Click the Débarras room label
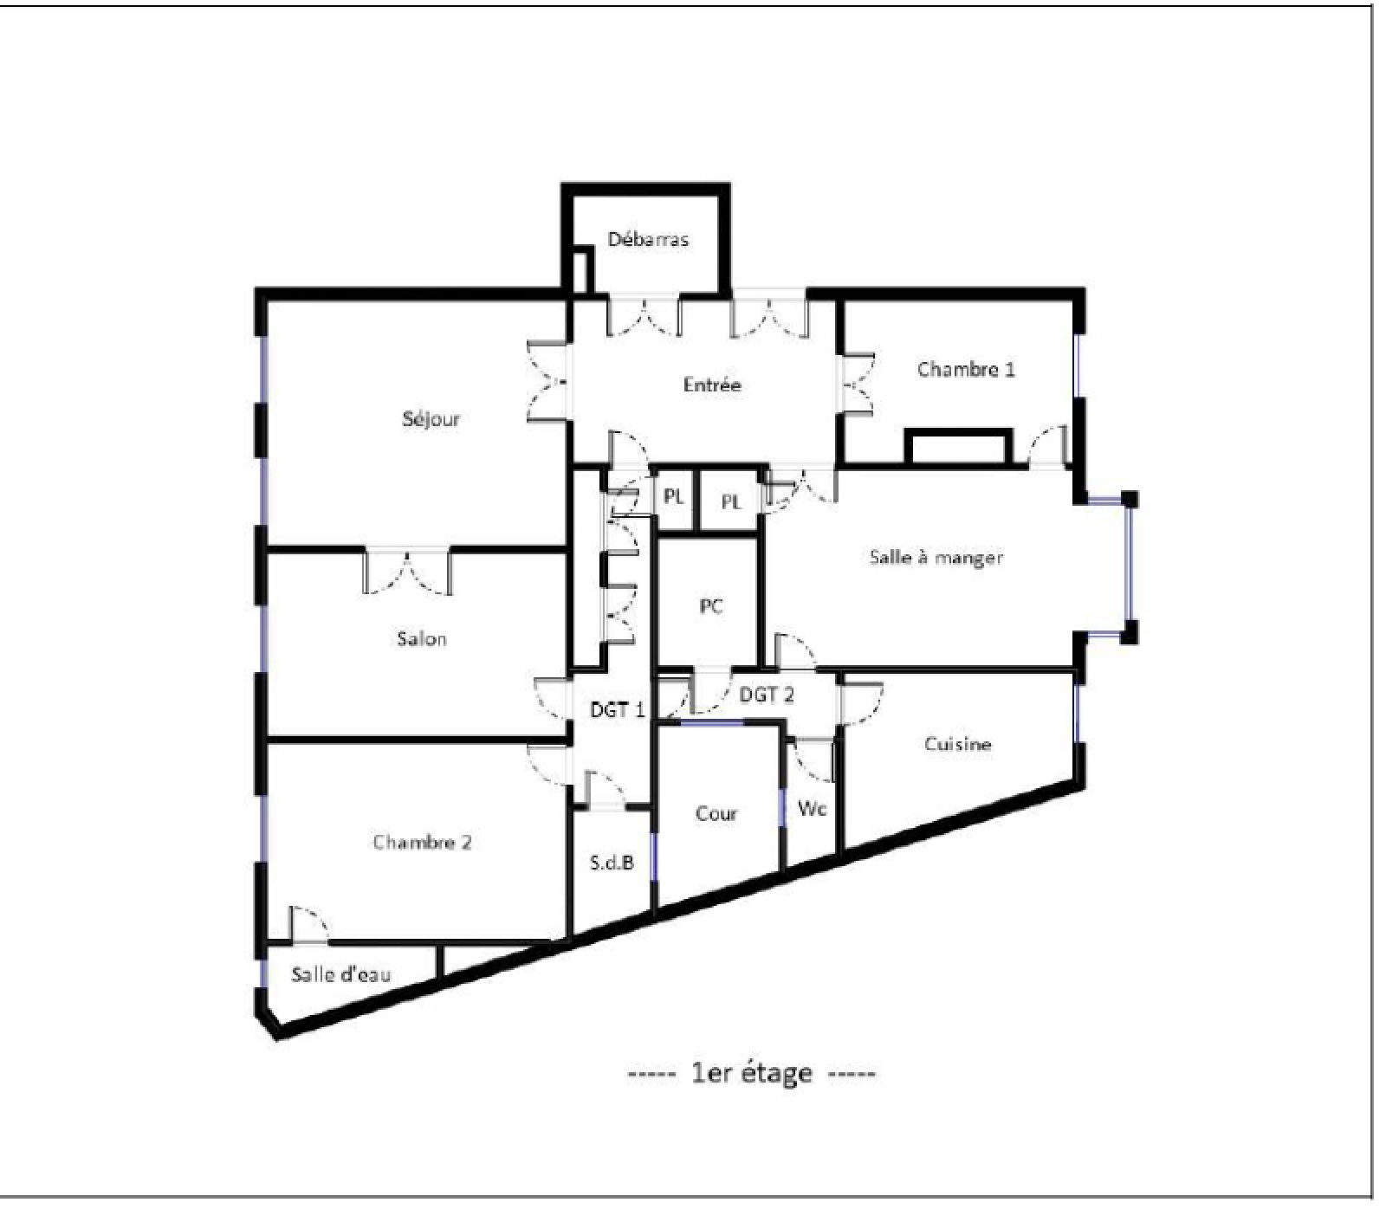pos(648,240)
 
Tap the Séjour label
pos(431,420)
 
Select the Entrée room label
pos(712,385)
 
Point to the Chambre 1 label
pos(966,370)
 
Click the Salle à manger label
pos(936,558)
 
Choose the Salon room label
pos(422,639)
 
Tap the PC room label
pos(711,607)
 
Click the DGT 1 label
pos(618,710)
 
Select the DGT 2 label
pos(767,695)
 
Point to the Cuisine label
pos(957,744)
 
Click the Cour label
pos(716,814)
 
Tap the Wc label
pos(813,809)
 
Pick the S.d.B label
pos(612,863)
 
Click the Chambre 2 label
pos(422,843)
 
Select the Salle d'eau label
pos(340,975)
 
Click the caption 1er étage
pos(752,1074)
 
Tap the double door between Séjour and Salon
pos(406,572)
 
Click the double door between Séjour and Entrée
pos(548,382)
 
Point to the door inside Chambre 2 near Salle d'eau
pos(309,925)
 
